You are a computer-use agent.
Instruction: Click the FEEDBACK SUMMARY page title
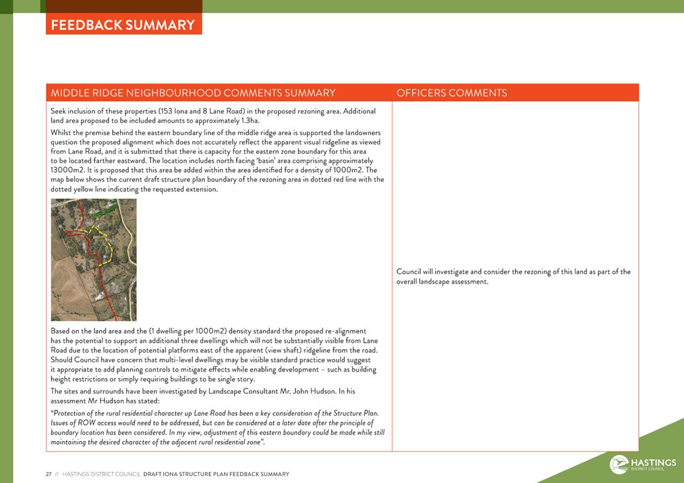pyautogui.click(x=123, y=25)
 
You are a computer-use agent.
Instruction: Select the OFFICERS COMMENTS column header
pyautogui.click(x=451, y=93)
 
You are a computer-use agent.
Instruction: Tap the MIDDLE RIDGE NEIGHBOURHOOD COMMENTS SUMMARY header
pyautogui.click(x=193, y=93)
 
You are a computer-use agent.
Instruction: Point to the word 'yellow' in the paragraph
pyautogui.click(x=85, y=189)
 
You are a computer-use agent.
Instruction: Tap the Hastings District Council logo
pyautogui.click(x=643, y=464)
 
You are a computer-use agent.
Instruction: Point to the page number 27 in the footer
pyautogui.click(x=49, y=474)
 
